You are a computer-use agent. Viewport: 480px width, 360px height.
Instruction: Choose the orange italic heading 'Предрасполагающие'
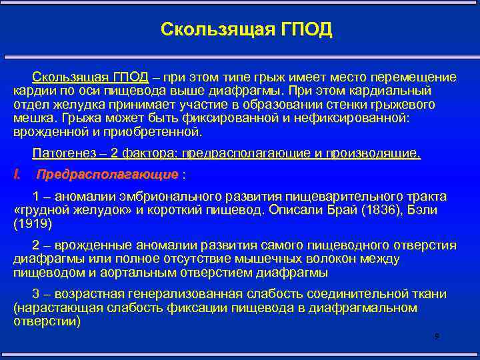(x=107, y=175)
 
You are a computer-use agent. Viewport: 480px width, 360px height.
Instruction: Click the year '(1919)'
(x=32, y=225)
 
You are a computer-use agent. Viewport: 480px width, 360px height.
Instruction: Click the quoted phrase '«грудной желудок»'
(x=66, y=211)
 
